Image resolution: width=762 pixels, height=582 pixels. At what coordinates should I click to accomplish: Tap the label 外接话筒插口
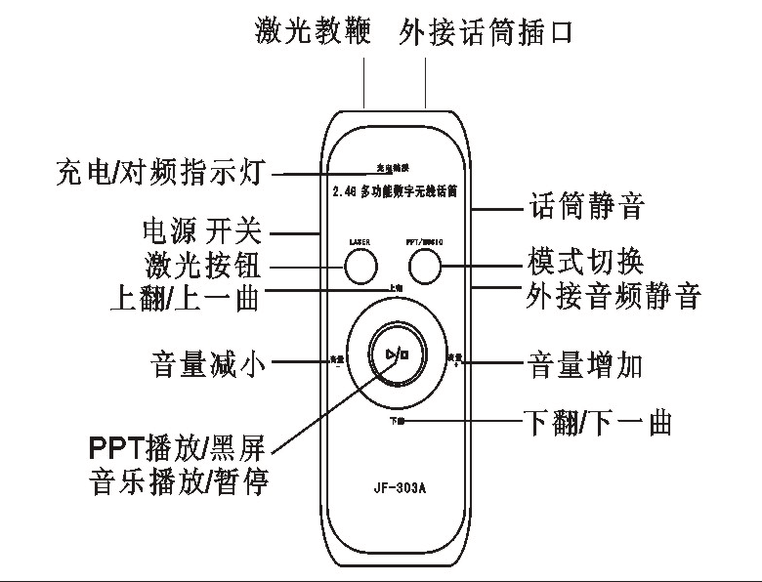click(486, 32)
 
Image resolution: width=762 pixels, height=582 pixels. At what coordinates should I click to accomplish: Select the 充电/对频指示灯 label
click(162, 176)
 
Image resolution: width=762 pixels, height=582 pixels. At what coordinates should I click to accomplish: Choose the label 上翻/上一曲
click(186, 296)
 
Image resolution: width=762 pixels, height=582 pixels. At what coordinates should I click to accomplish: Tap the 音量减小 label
click(209, 362)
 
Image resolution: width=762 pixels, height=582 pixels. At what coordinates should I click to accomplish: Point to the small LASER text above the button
click(360, 239)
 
